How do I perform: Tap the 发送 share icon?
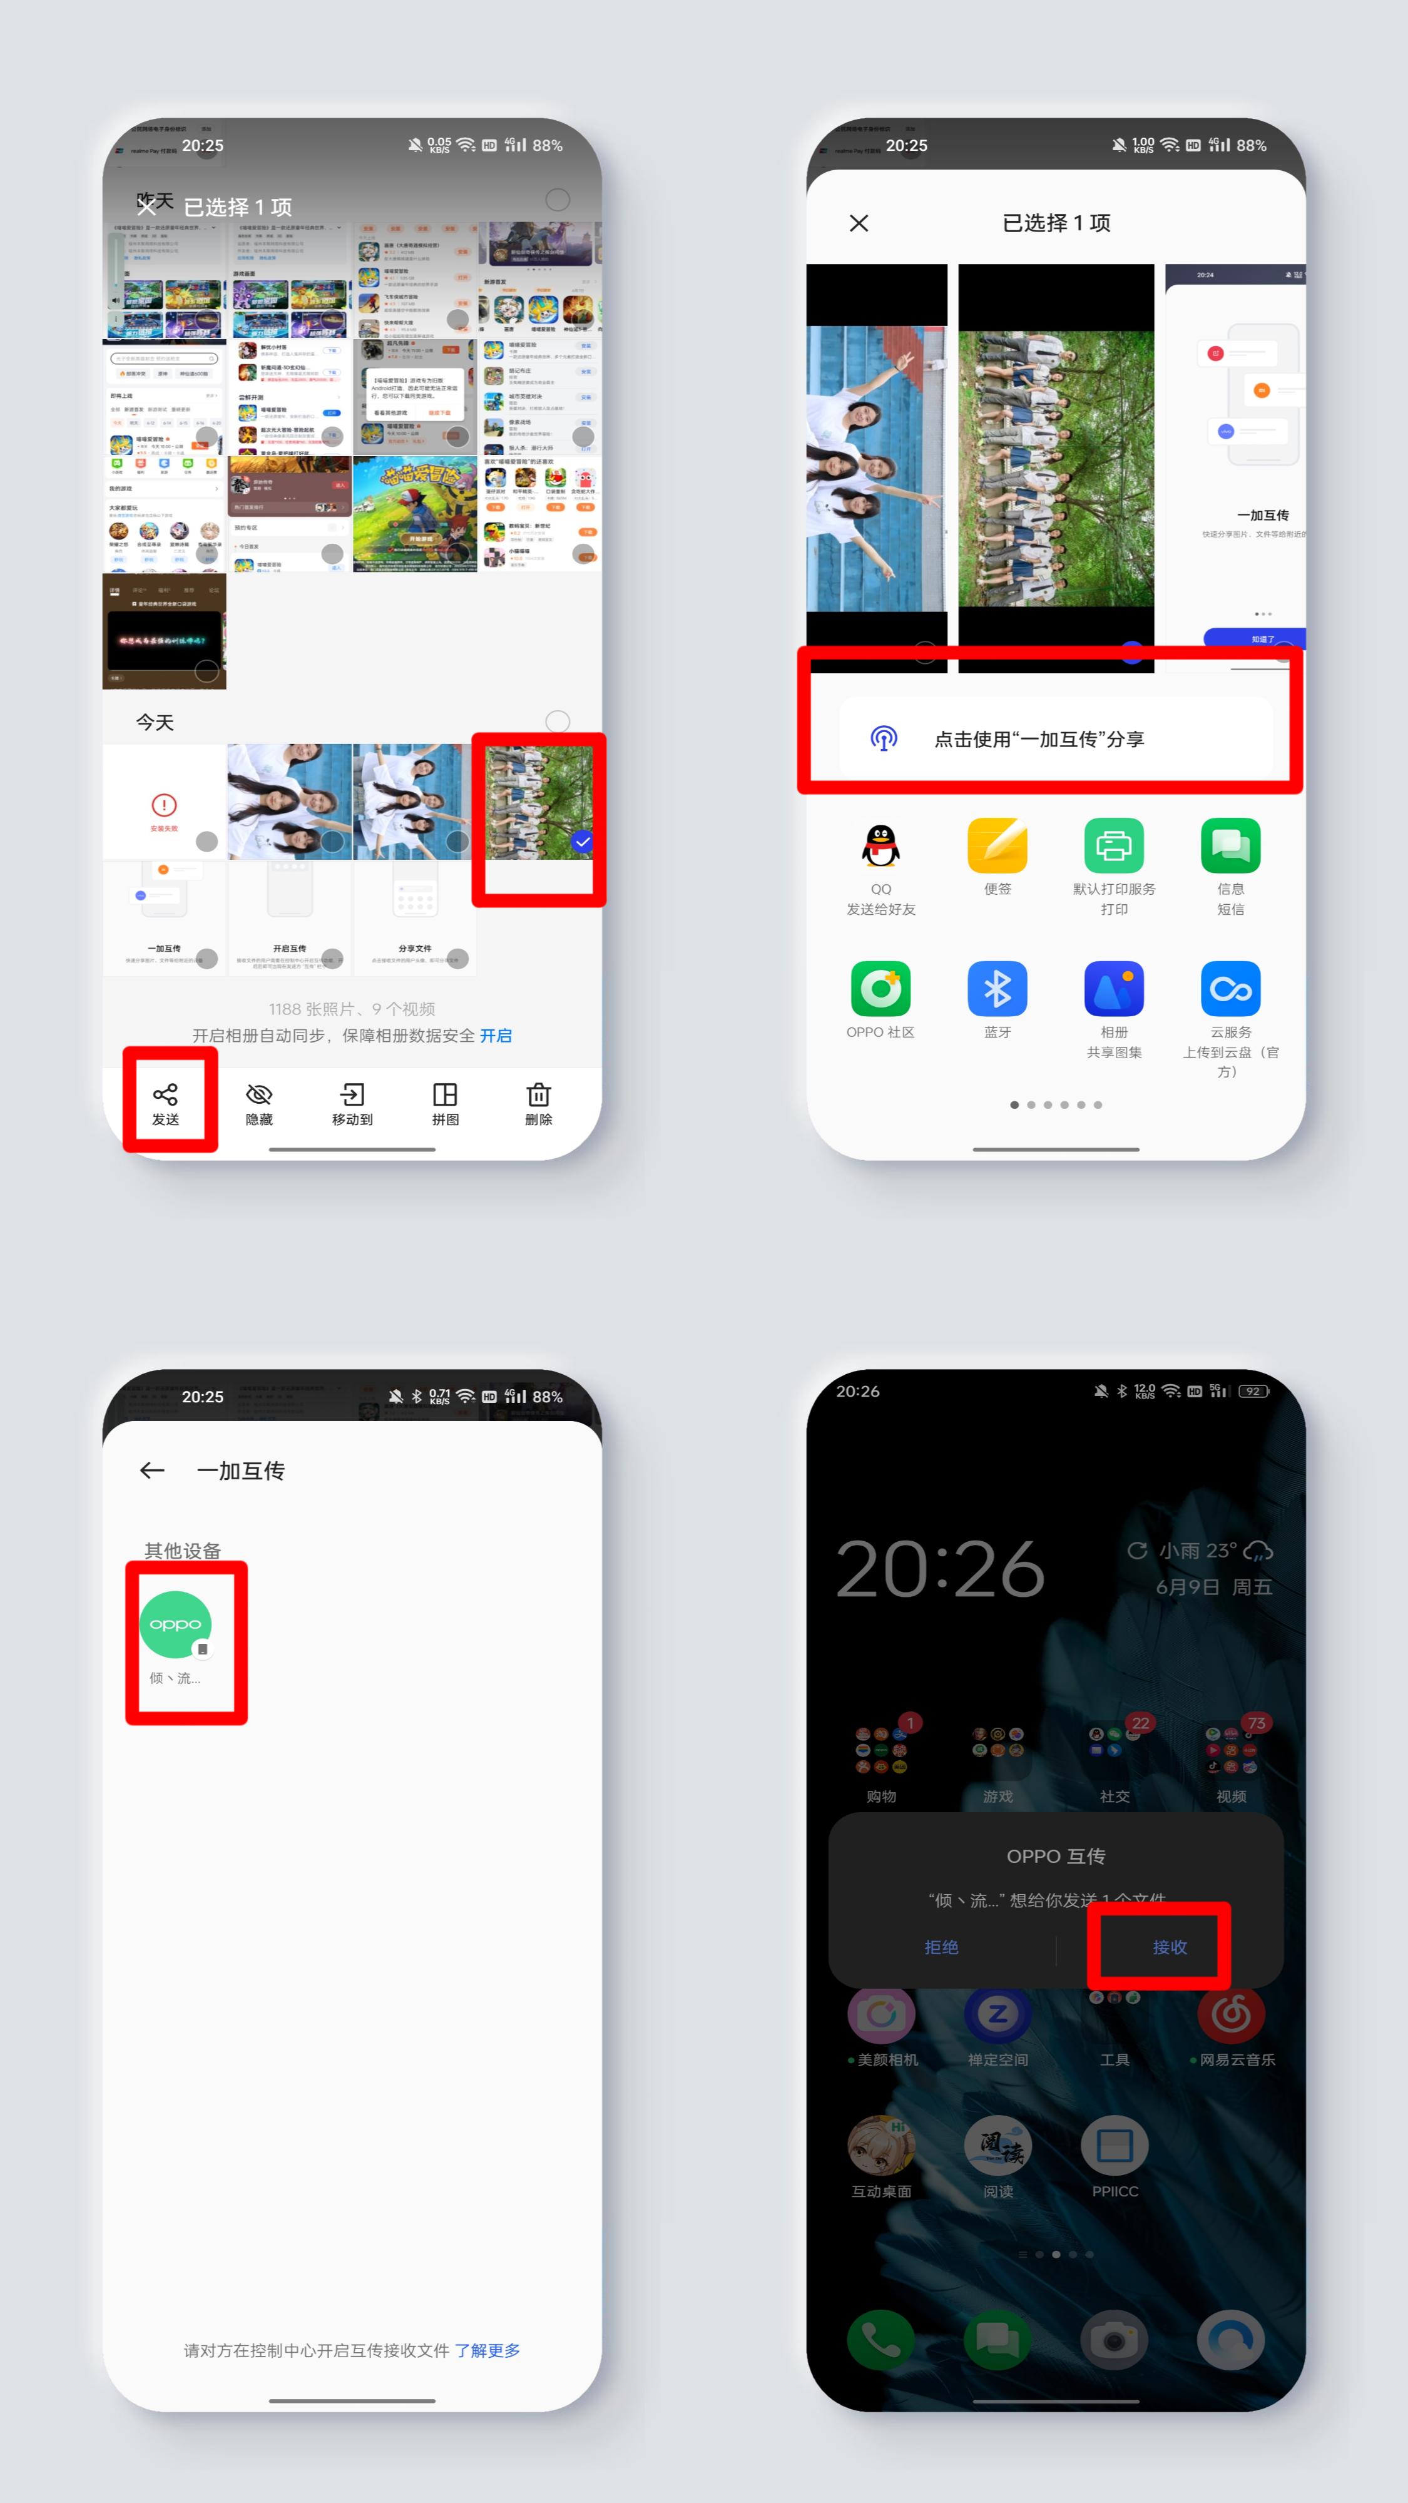pyautogui.click(x=165, y=1095)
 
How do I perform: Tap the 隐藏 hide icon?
pyautogui.click(x=258, y=1095)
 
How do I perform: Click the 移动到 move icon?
pyautogui.click(x=352, y=1095)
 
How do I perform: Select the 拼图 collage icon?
pyautogui.click(x=445, y=1095)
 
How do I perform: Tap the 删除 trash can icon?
pyautogui.click(x=538, y=1095)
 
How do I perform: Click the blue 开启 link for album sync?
pyautogui.click(x=496, y=1036)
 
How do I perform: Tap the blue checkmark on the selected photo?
pyautogui.click(x=582, y=842)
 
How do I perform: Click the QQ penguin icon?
pyautogui.click(x=880, y=846)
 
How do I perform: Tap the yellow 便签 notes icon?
pyautogui.click(x=997, y=846)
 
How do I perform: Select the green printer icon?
pyautogui.click(x=1114, y=846)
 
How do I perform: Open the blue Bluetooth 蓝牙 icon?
pyautogui.click(x=997, y=989)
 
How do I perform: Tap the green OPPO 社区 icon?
pyautogui.click(x=880, y=989)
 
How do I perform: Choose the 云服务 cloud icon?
pyautogui.click(x=1230, y=989)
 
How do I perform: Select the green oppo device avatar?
pyautogui.click(x=176, y=1624)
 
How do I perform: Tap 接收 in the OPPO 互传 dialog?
pyautogui.click(x=1170, y=1947)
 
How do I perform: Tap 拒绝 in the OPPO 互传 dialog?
pyautogui.click(x=941, y=1947)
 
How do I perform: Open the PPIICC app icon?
pyautogui.click(x=1115, y=2146)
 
